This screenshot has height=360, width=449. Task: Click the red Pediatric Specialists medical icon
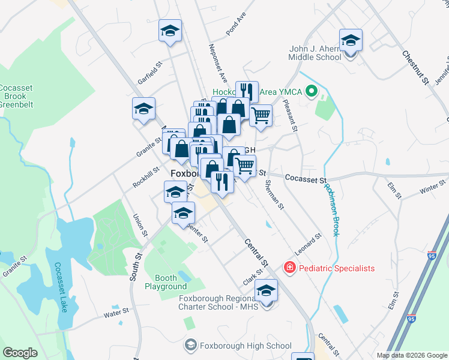[x=289, y=268]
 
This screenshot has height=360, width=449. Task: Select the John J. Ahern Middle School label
[x=315, y=53]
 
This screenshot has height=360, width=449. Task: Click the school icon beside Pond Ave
[x=170, y=31]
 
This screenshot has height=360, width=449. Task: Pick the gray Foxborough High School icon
[x=190, y=345]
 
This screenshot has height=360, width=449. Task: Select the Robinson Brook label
[x=332, y=209]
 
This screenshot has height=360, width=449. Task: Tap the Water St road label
[x=116, y=312]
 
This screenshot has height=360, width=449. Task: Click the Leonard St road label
[x=308, y=243]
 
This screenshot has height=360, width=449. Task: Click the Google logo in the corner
[x=20, y=353]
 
